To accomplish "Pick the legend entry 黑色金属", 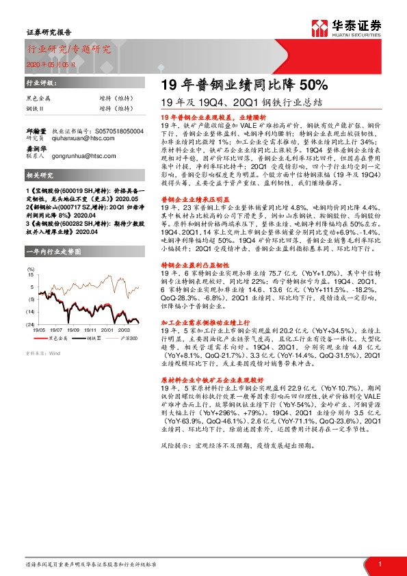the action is click(x=58, y=338).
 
